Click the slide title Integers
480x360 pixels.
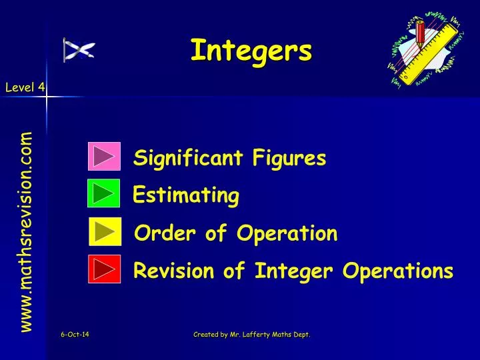click(x=251, y=50)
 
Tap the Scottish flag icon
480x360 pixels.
click(x=79, y=50)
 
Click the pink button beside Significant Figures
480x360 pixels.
click(x=104, y=157)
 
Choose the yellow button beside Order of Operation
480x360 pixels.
click(x=105, y=231)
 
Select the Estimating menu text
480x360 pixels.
click(x=186, y=196)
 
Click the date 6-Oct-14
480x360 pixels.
click(x=75, y=335)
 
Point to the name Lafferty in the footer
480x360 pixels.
click(x=258, y=335)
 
